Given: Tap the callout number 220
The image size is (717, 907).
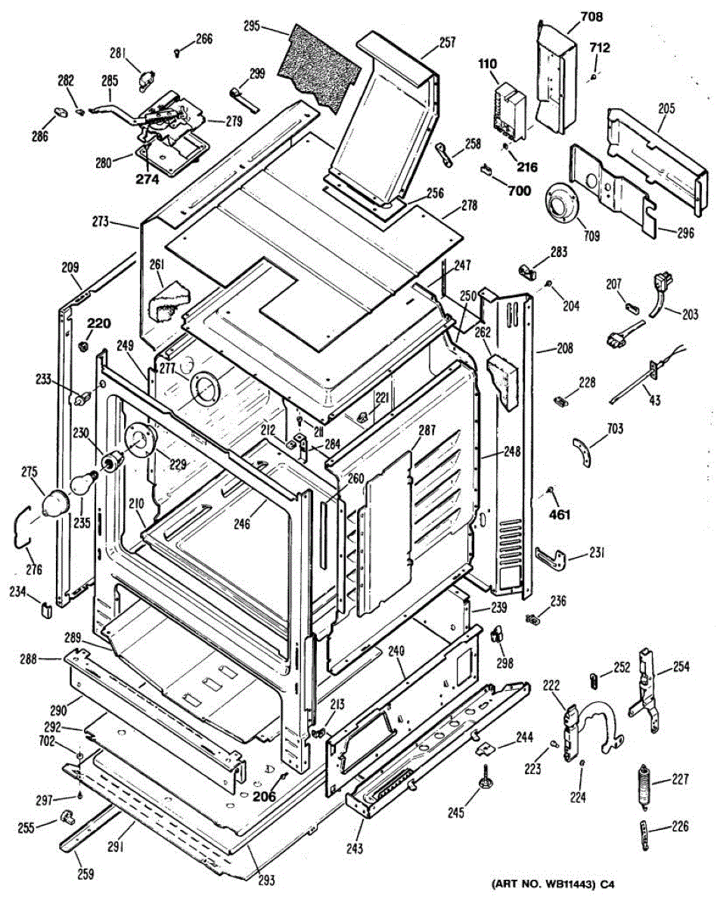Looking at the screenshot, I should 99,323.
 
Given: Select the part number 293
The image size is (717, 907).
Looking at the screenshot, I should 266,880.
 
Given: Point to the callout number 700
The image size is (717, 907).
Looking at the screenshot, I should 519,191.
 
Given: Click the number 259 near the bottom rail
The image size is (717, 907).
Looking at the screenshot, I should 85,874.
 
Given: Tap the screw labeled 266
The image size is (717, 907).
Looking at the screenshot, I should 176,52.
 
